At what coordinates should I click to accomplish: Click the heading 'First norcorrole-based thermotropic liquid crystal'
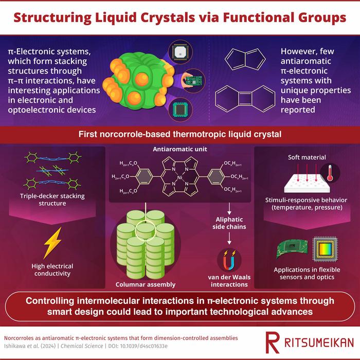coord(179,135)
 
